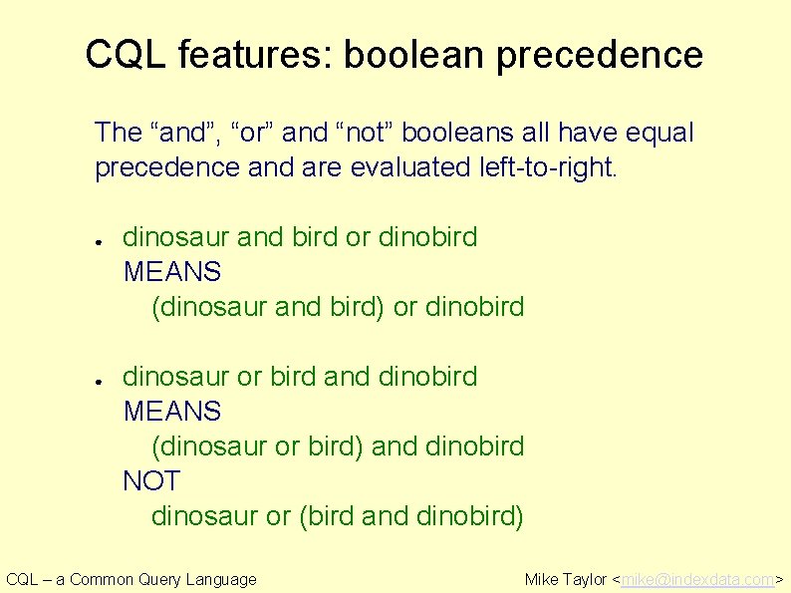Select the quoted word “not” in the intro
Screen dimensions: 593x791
[370, 133]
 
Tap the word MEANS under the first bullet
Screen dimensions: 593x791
[171, 272]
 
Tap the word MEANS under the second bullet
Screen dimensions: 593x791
[171, 412]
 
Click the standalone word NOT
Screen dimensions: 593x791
[150, 481]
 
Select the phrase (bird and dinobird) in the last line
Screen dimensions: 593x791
[410, 516]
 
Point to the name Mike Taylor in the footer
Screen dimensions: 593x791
[565, 579]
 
